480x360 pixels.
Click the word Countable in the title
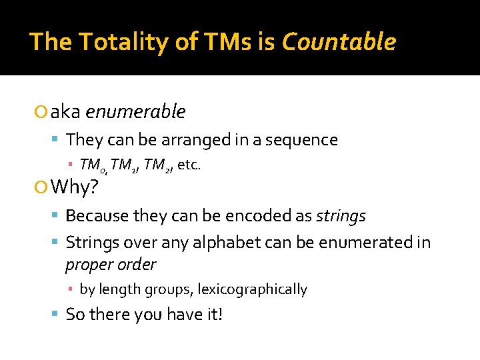tap(339, 42)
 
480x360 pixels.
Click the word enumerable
tap(135, 112)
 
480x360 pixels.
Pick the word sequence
tap(304, 140)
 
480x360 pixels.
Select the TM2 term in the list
tap(157, 165)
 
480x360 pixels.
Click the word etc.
tap(189, 165)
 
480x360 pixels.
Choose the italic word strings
tap(340, 216)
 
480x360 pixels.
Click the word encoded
tap(257, 216)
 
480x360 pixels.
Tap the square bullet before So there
tap(57, 315)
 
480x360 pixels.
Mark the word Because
tap(97, 216)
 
